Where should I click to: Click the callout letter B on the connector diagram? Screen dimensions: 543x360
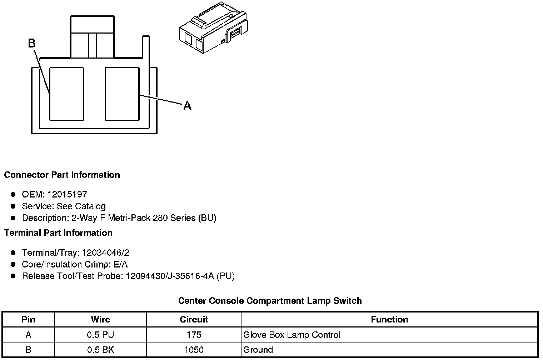pyautogui.click(x=31, y=44)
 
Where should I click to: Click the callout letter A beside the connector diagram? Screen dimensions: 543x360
pyautogui.click(x=187, y=106)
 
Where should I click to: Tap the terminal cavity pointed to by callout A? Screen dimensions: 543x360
pyautogui.click(x=122, y=94)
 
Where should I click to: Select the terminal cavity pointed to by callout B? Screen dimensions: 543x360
pyautogui.click(x=66, y=94)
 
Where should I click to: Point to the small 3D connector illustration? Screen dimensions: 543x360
pyautogui.click(x=213, y=27)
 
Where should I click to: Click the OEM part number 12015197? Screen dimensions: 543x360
pyautogui.click(x=67, y=195)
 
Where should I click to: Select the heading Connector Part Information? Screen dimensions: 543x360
pyautogui.click(x=62, y=175)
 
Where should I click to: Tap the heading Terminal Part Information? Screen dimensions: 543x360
pyautogui.click(x=58, y=233)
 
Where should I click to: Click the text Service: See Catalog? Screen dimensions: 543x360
pyautogui.click(x=64, y=206)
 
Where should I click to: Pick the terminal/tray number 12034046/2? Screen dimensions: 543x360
pyautogui.click(x=106, y=253)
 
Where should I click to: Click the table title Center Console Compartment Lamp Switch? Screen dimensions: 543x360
pyautogui.click(x=270, y=301)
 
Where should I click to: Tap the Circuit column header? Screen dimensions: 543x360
pyautogui.click(x=194, y=319)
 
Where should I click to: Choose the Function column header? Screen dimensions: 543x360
pyautogui.click(x=389, y=319)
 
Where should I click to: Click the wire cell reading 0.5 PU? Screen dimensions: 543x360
pyautogui.click(x=100, y=335)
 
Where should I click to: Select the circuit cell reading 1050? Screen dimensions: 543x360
pyautogui.click(x=194, y=350)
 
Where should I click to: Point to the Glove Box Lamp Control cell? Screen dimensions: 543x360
pyautogui.click(x=292, y=335)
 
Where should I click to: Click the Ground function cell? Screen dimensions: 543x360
pyautogui.click(x=258, y=350)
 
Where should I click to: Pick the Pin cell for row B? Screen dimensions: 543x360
pyautogui.click(x=28, y=350)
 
